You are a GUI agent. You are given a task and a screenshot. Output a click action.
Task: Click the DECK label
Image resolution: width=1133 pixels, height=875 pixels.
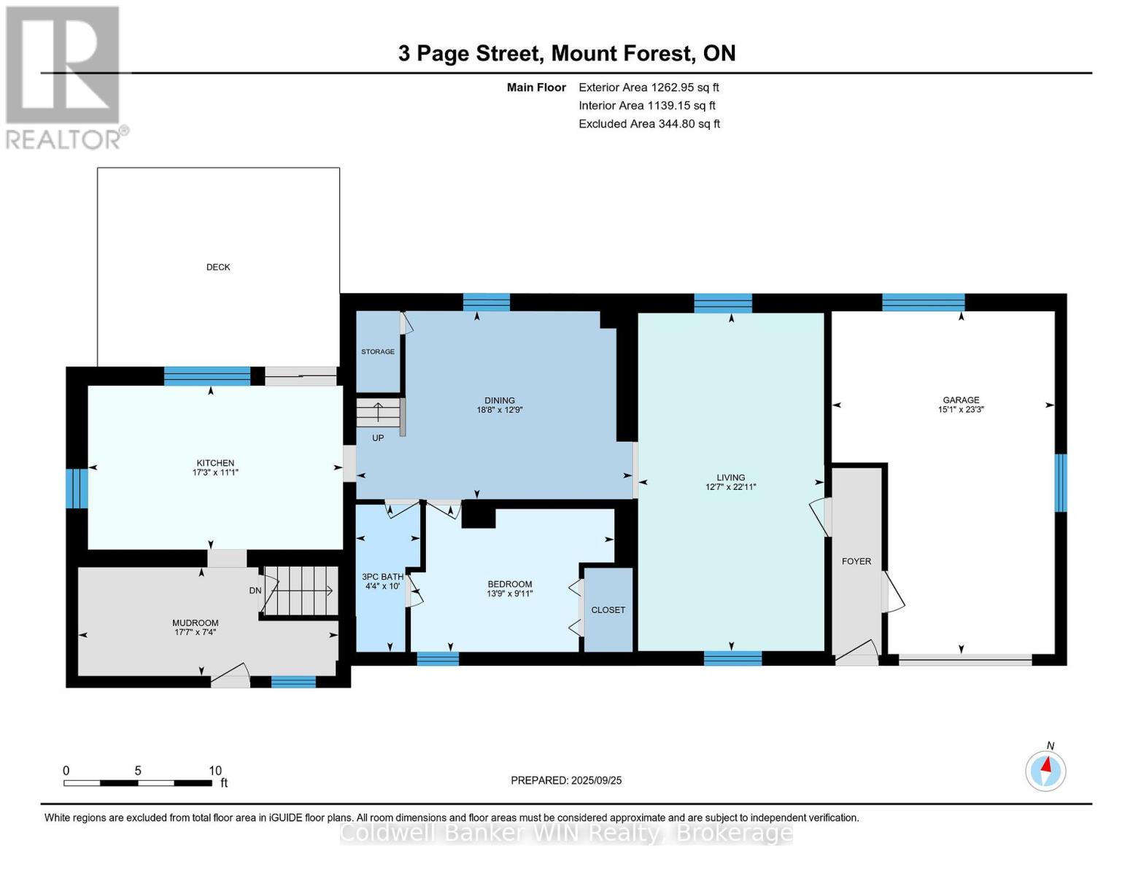(x=218, y=268)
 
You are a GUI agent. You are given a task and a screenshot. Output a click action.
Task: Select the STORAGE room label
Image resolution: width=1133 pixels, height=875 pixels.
(x=378, y=352)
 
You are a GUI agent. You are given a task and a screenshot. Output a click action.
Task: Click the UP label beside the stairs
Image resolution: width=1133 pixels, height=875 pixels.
(x=378, y=438)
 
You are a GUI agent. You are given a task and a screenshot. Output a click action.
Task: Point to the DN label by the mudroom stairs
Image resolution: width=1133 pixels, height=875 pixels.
(x=255, y=591)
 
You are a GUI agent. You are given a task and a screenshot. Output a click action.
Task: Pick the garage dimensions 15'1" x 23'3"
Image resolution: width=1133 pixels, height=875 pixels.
(x=961, y=410)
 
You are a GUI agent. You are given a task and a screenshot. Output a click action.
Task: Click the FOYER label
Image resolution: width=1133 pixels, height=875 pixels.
(x=856, y=561)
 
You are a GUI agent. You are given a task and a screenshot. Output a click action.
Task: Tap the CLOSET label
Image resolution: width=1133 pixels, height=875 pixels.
(x=608, y=610)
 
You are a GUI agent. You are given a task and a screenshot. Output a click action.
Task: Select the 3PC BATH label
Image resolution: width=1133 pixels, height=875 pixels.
(x=382, y=577)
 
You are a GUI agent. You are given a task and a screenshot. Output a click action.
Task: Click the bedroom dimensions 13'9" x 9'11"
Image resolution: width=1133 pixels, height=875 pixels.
(x=510, y=594)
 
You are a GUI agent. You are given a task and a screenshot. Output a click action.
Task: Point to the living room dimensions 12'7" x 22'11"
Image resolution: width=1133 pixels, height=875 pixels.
(x=730, y=487)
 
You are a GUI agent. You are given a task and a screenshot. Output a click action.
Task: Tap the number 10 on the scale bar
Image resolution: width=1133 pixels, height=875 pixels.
(x=215, y=771)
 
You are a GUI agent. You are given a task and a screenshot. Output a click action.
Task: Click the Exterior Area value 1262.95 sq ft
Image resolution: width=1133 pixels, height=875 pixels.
(x=684, y=87)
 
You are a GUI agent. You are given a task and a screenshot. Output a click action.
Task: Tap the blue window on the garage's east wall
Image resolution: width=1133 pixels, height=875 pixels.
(x=1061, y=483)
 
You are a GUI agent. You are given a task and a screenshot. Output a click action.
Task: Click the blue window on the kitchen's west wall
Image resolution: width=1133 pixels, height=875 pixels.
(x=77, y=489)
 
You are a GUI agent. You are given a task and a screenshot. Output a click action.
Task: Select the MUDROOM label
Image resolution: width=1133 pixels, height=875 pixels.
(x=196, y=623)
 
